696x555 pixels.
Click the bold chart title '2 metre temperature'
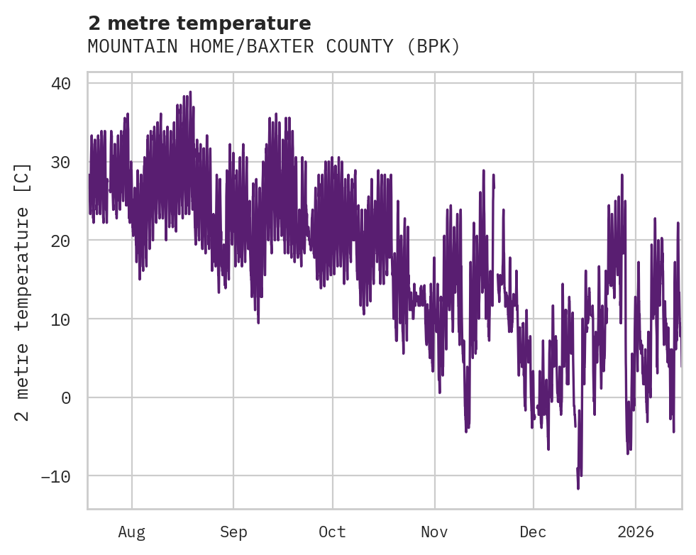coord(199,23)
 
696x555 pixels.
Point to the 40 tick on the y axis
coord(61,84)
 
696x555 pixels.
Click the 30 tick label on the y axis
coord(61,163)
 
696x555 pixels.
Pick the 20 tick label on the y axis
coord(61,241)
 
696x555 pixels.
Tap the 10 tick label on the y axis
coord(61,319)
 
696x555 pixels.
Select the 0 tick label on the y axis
coord(66,397)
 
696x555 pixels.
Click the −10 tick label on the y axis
coord(56,476)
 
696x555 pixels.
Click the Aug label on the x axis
coord(131,532)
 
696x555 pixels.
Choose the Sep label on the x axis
coord(233,532)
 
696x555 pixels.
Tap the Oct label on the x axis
coord(332,532)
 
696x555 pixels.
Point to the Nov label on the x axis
coord(434,532)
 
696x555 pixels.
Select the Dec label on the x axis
coord(533,532)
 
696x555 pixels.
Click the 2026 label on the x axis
coord(636,532)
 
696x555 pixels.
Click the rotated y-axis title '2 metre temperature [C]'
coord(23,292)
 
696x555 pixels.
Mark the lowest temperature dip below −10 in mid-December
coord(578,488)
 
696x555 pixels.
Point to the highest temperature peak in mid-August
coord(189,92)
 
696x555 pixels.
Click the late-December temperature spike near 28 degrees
coord(622,175)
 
